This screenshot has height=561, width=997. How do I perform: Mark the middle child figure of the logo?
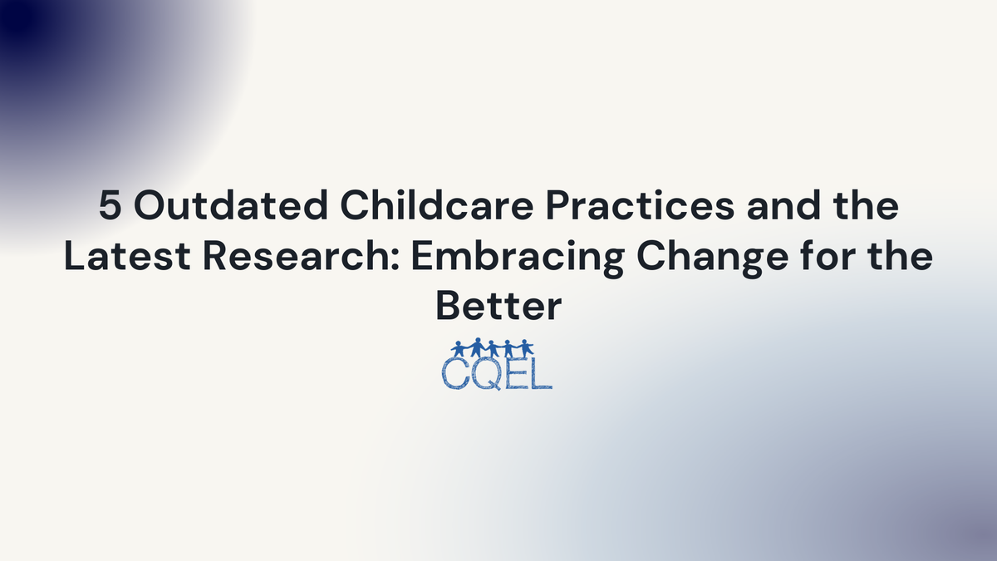tap(494, 348)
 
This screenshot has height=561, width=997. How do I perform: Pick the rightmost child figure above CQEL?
tap(525, 348)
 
